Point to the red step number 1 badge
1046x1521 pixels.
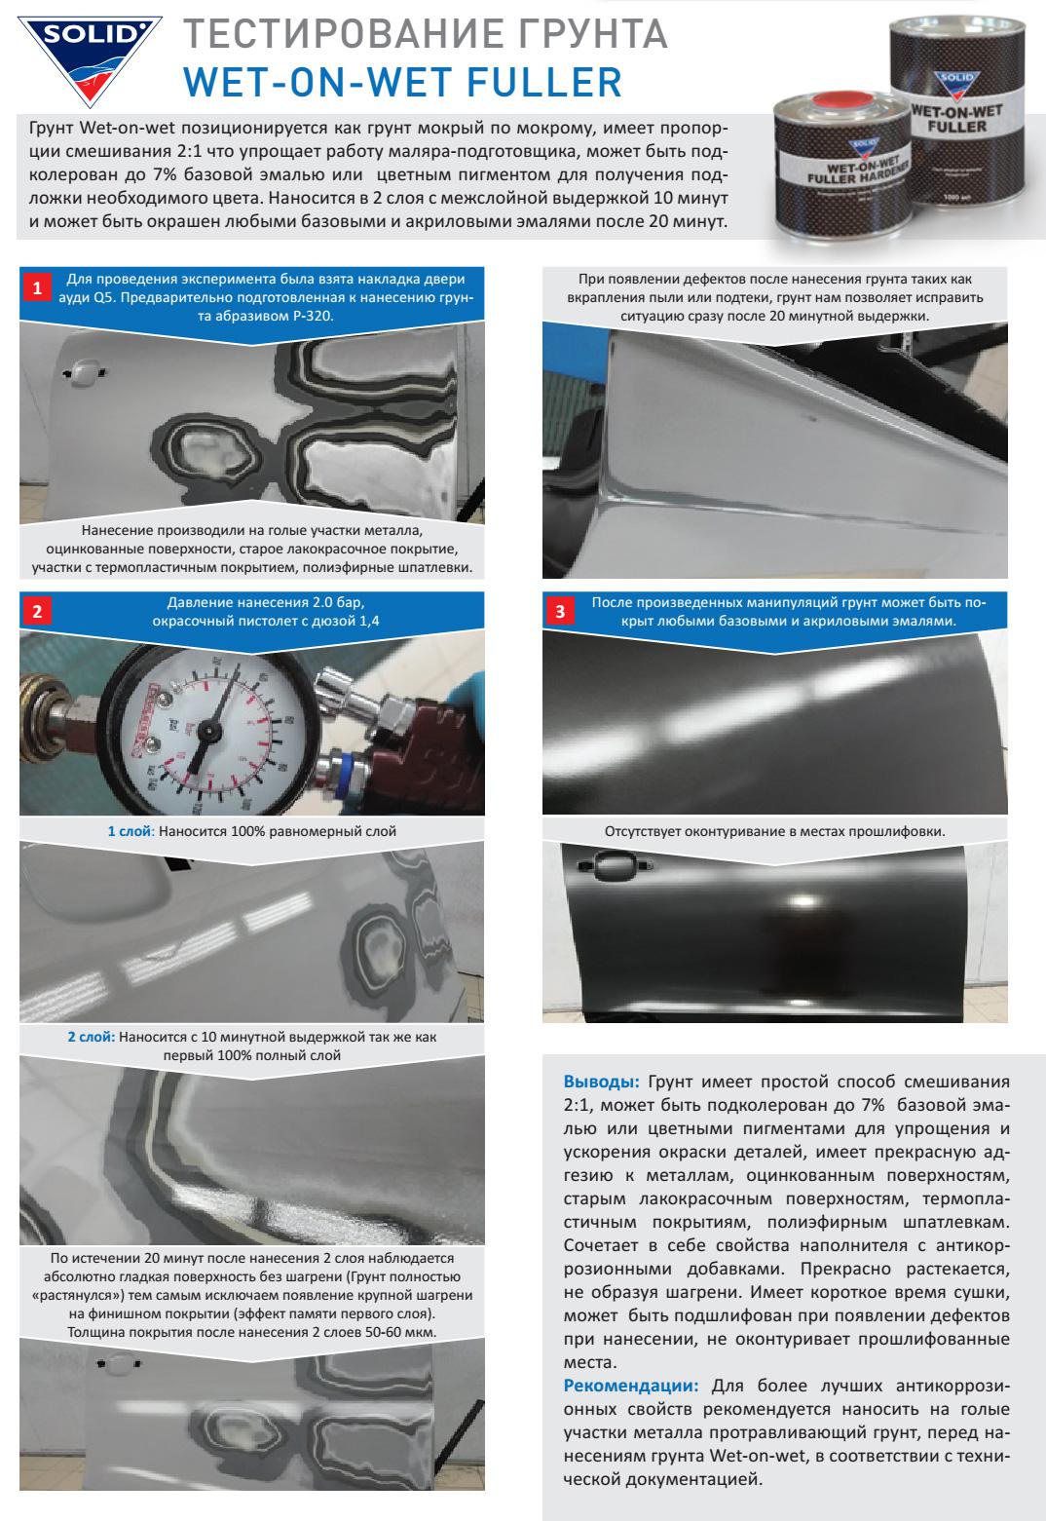coord(37,287)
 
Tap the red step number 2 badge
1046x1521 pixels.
coord(37,611)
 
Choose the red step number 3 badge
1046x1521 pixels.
coord(560,611)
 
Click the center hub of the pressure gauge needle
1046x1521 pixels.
coord(208,731)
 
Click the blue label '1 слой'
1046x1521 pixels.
coord(130,831)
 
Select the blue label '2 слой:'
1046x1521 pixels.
coord(92,1037)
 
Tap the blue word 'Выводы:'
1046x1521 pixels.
coord(601,1081)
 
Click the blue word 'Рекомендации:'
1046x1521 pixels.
coord(630,1386)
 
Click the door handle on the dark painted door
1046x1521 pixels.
coord(616,864)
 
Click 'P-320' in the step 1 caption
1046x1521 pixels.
coord(313,316)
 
